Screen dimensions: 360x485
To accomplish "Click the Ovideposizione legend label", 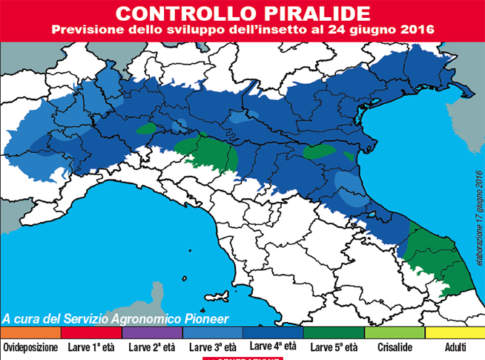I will click(30, 347).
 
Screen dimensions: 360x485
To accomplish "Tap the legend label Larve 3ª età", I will click(212, 347).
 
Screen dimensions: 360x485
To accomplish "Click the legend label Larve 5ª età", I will click(333, 347).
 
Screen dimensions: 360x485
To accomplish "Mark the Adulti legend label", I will click(454, 347).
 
